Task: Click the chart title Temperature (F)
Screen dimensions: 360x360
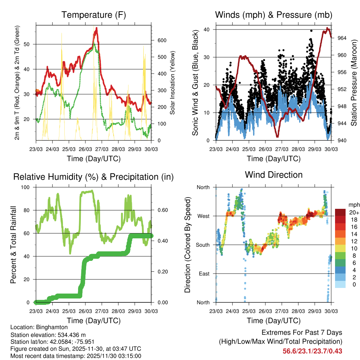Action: click(x=94, y=15)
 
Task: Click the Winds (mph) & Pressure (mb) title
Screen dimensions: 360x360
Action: click(x=274, y=15)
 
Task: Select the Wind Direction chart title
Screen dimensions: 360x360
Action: click(x=274, y=175)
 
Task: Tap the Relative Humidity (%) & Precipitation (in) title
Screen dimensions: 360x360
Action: click(x=94, y=177)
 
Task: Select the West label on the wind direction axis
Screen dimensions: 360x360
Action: click(x=203, y=216)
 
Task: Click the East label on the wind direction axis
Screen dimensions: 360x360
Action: click(x=204, y=274)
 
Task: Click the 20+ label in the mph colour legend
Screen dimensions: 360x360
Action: click(x=353, y=212)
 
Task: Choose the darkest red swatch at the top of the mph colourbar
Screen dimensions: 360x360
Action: click(x=340, y=212)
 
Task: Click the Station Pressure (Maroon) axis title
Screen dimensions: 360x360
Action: click(x=354, y=83)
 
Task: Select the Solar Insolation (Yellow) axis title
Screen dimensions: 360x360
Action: click(x=173, y=83)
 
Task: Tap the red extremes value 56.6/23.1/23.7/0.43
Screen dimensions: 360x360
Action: click(x=312, y=351)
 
